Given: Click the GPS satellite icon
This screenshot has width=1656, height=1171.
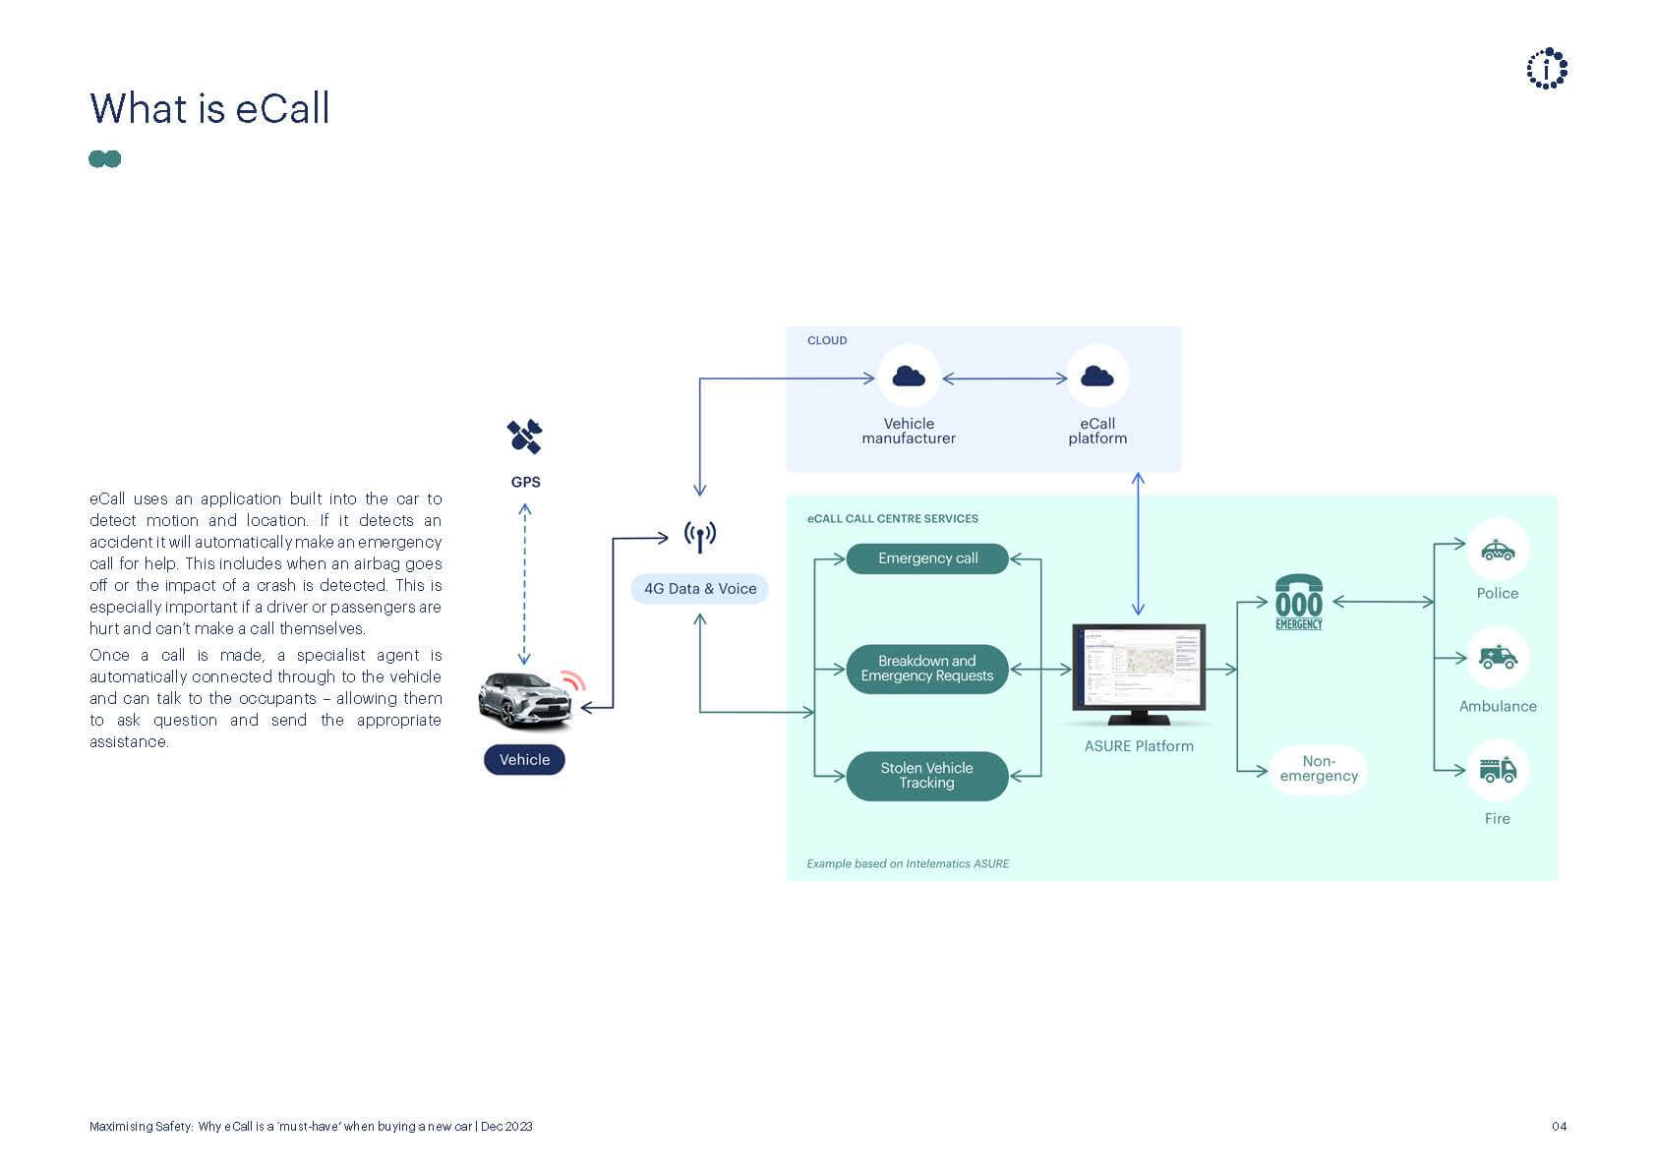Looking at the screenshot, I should coord(524,437).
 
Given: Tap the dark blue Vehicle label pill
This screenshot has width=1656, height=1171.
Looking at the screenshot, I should coord(524,759).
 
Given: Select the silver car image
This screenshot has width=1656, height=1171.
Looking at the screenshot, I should coord(526,700).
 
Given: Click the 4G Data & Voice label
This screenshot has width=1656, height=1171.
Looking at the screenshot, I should coord(699,588).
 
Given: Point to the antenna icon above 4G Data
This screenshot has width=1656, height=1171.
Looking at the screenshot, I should coord(699,537).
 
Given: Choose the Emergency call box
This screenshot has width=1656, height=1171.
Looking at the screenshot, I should coord(927,558).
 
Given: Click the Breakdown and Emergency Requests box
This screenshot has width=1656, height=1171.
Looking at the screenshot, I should coord(927,669).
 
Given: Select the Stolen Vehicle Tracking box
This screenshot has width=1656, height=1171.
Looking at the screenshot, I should coord(927,775).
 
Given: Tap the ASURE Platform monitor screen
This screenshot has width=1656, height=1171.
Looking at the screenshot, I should coord(1139,667).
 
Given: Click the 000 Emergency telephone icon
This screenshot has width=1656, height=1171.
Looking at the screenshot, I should coord(1298,602).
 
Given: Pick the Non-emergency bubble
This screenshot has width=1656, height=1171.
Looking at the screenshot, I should coord(1318,769).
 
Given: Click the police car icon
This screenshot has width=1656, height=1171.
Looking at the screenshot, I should coord(1497,550).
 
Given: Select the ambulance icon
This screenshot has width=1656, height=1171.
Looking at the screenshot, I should coord(1497,657).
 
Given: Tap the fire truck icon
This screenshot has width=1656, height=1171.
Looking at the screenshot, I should coord(1497,769).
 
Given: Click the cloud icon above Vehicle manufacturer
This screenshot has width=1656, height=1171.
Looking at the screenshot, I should coord(909,376).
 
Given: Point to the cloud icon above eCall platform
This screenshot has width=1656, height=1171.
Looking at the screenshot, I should coord(1097,376).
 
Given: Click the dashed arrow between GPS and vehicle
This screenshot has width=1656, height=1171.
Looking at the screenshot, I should coord(524,585).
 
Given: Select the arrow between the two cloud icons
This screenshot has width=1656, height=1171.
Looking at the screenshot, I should coord(1004,378).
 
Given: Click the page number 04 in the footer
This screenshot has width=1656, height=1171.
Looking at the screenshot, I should coord(1559,1127).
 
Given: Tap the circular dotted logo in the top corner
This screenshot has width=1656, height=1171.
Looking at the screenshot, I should coord(1547,69).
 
